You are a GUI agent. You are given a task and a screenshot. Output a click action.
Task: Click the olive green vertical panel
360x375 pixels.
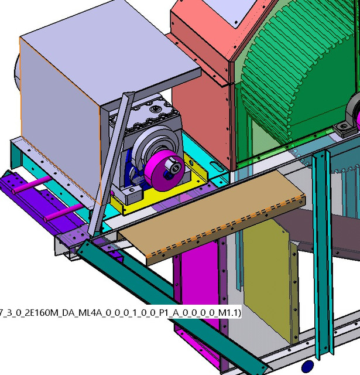click(266, 281)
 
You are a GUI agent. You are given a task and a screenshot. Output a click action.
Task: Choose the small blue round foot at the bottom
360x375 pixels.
click(306, 367)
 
